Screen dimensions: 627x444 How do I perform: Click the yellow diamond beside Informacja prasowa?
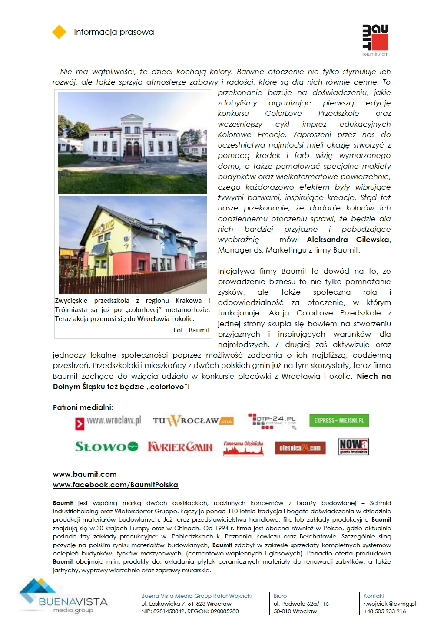[59, 32]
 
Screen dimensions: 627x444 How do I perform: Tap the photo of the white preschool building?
[133, 143]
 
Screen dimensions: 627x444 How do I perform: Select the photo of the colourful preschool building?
[133, 245]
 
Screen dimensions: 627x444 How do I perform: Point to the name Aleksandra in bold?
[327, 240]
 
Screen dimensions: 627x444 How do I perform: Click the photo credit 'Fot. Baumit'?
[191, 330]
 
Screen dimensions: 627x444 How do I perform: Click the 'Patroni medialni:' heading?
[83, 407]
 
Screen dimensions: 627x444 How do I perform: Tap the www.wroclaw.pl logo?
[109, 422]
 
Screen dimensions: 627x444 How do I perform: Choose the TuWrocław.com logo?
[193, 420]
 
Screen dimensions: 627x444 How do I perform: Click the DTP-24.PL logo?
[272, 421]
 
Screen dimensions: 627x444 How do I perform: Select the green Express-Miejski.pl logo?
[339, 420]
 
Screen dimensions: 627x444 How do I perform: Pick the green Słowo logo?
[107, 446]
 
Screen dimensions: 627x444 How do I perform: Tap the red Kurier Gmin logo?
[180, 447]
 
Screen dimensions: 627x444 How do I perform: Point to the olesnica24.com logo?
[300, 448]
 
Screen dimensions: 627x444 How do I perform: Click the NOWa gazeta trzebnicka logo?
[353, 446]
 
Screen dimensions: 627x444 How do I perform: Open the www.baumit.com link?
[85, 474]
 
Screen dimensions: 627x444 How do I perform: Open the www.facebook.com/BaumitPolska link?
[116, 485]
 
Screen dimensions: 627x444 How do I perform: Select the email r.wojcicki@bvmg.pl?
[390, 604]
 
